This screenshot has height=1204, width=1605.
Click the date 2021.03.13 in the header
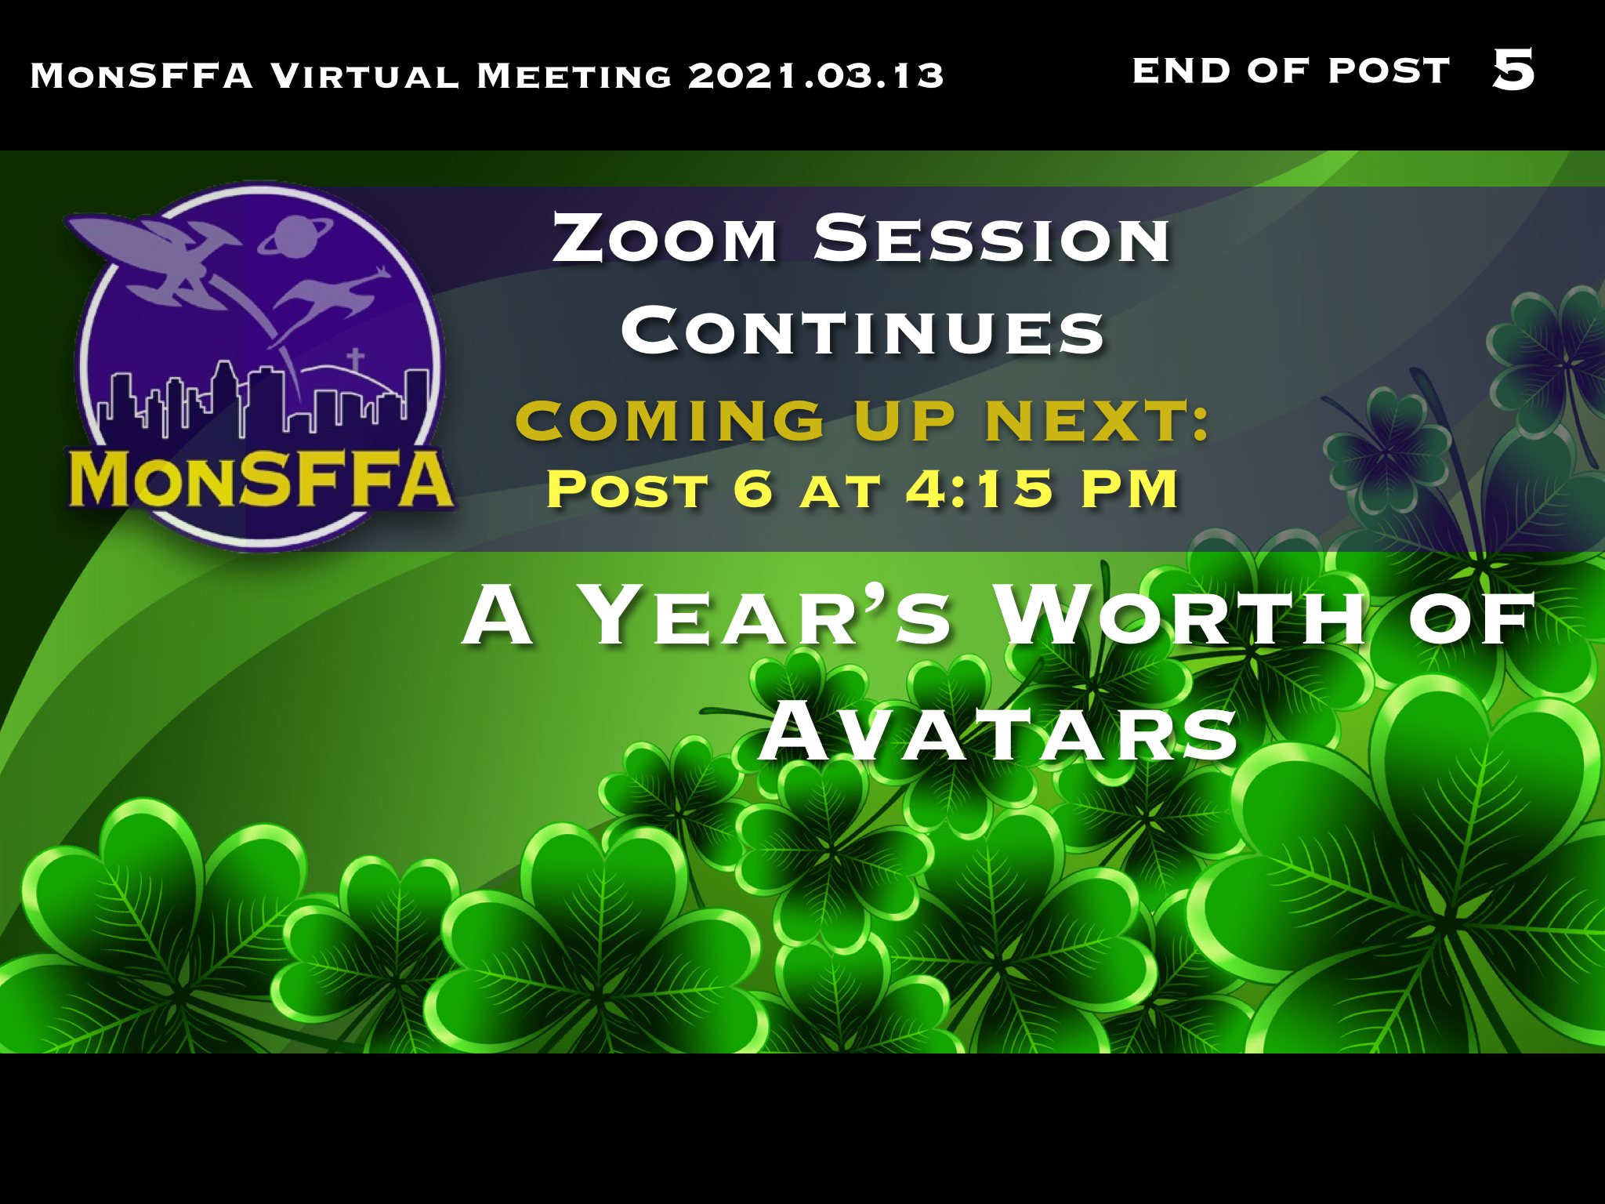point(816,76)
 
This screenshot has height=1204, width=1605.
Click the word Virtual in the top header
point(364,76)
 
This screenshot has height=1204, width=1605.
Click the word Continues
point(863,330)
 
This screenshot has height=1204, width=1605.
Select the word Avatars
point(998,732)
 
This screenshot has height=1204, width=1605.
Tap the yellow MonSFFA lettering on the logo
point(262,478)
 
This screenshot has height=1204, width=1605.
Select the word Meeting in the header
point(574,76)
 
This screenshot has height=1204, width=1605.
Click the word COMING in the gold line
point(671,420)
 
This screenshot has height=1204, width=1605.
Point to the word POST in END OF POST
point(1389,71)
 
